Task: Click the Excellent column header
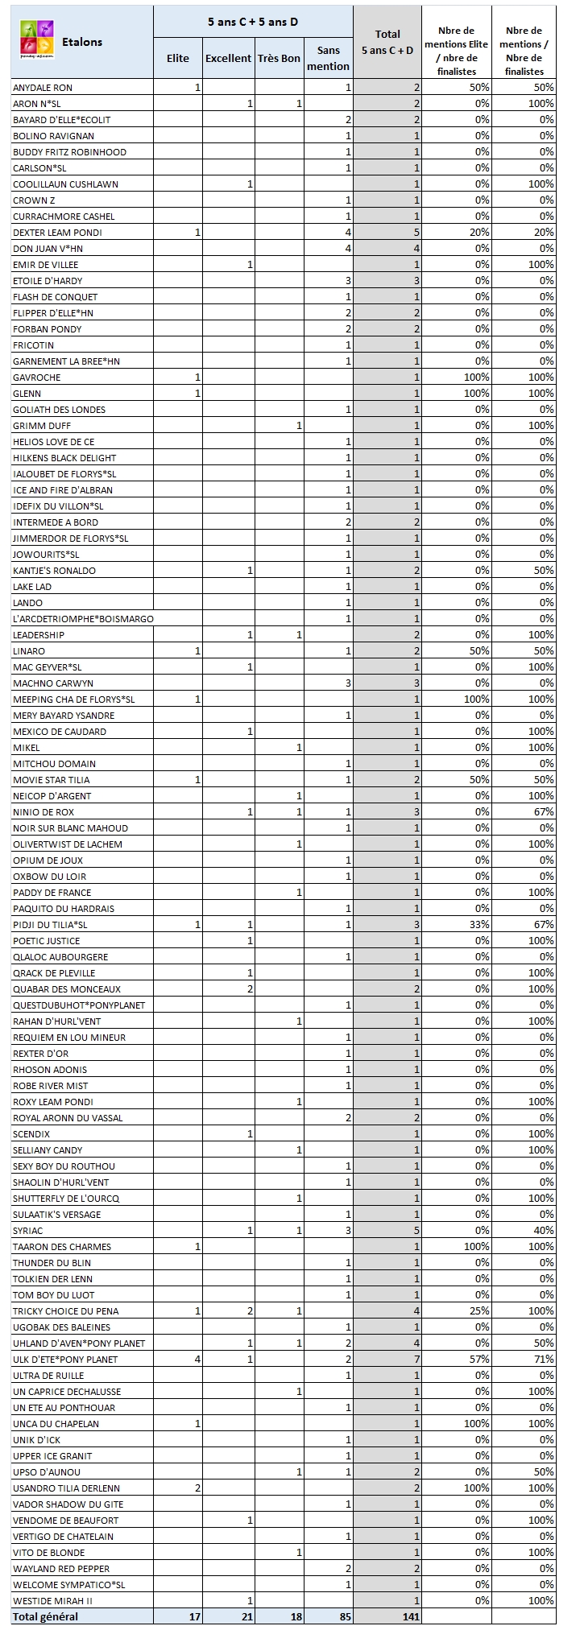(228, 59)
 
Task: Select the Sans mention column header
(328, 59)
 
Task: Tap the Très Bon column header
(279, 59)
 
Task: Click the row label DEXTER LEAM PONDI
(57, 233)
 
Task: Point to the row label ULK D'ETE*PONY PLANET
(65, 1360)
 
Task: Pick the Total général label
(45, 1617)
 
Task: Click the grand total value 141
(411, 1617)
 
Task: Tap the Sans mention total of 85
(344, 1617)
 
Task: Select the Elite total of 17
(194, 1617)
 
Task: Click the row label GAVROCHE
(37, 378)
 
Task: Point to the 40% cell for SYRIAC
(544, 1231)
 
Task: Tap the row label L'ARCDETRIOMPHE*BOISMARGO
(83, 619)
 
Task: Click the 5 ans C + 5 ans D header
(252, 22)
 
